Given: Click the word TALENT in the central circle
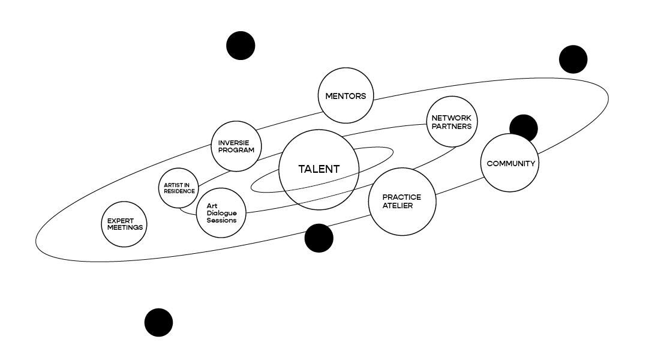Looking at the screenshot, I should (x=319, y=169).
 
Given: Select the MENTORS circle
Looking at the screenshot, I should (x=345, y=96).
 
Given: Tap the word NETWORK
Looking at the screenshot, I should (x=452, y=118).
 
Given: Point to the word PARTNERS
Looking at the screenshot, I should (x=452, y=127).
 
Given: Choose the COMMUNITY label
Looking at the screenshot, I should (x=510, y=163).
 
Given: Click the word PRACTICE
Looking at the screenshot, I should (x=401, y=197).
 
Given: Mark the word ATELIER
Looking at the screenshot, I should (x=398, y=206).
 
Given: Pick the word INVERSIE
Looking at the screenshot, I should (x=233, y=143).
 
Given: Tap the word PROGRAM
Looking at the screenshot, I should (x=236, y=150).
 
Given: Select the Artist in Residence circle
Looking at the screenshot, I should (x=179, y=188).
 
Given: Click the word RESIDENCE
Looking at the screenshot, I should (x=179, y=191).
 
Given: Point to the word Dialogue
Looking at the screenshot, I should (x=221, y=213).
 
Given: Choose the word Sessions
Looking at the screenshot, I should (x=221, y=220).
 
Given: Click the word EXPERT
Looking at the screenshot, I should (x=120, y=221).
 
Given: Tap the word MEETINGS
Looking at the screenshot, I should (x=125, y=228).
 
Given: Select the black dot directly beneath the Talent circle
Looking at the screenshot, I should (x=319, y=238).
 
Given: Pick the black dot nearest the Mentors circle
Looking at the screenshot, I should (x=241, y=46).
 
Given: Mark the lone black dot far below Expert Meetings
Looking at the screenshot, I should (x=158, y=323).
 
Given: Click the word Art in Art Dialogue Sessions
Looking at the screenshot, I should (x=211, y=206).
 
